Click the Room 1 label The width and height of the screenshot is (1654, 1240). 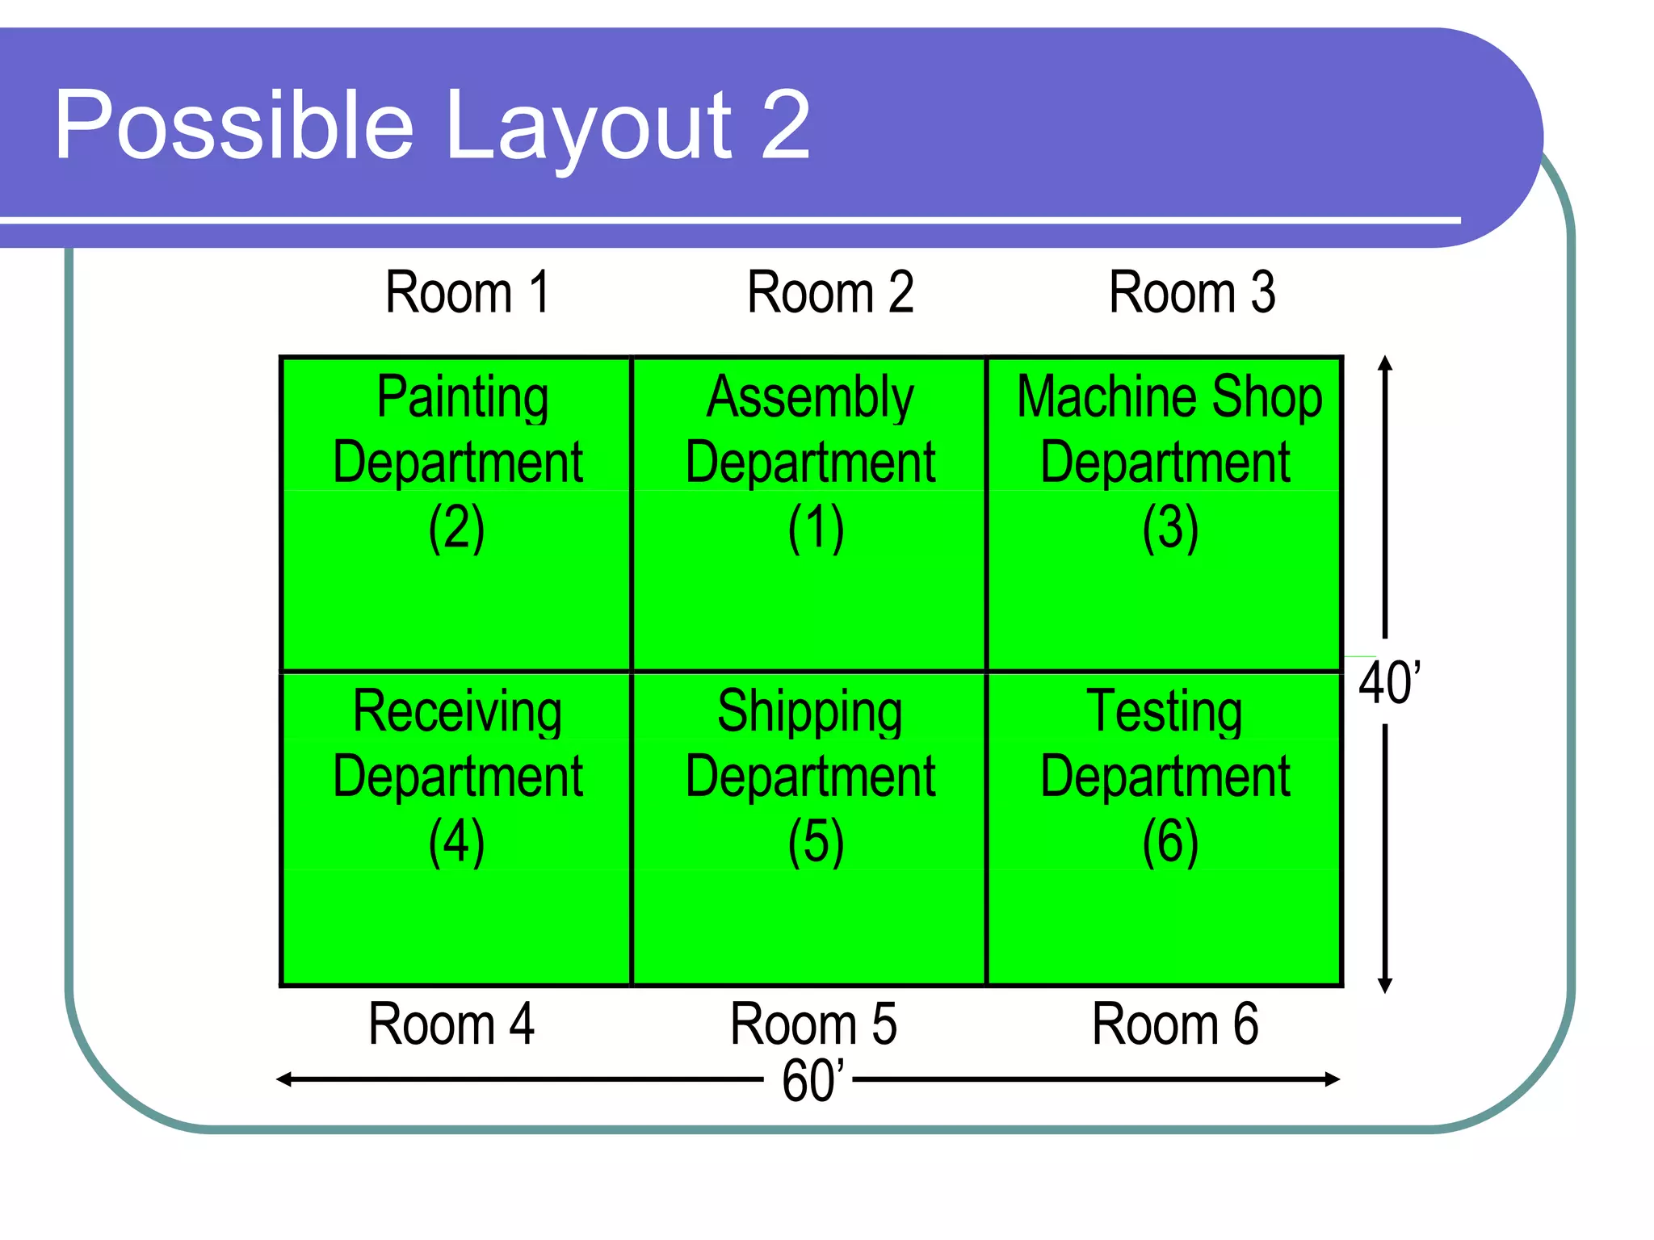[x=468, y=292]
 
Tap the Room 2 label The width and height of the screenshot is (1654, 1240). [x=829, y=292]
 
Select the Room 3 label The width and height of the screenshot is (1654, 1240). [x=1191, y=292]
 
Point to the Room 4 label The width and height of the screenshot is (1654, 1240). [x=451, y=1024]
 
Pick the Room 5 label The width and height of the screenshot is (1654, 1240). [x=812, y=1024]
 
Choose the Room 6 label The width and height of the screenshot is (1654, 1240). [x=1174, y=1024]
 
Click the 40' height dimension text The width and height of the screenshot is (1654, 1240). [x=1389, y=683]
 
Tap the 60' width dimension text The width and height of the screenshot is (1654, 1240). [x=812, y=1081]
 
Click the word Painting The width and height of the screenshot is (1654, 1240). [x=463, y=398]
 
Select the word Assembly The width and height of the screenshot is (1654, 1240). [x=810, y=398]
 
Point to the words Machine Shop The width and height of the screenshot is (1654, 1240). [x=1169, y=398]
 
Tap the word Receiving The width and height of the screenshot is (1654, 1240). [x=457, y=712]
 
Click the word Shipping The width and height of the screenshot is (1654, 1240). [x=810, y=712]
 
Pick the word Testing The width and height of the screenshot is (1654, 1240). [x=1164, y=712]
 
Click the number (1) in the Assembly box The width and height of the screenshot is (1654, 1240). [x=816, y=528]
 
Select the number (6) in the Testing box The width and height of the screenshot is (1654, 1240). [x=1169, y=842]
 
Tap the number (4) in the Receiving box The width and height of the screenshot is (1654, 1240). [x=456, y=842]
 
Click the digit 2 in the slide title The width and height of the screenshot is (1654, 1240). [x=785, y=124]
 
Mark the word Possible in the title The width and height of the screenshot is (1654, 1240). [x=234, y=126]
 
